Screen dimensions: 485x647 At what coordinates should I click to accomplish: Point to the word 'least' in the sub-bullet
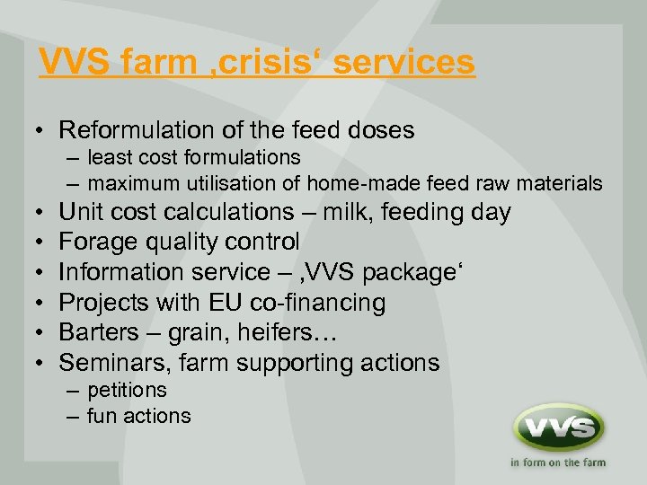coord(111,157)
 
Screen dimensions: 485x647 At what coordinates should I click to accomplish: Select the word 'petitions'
coord(127,391)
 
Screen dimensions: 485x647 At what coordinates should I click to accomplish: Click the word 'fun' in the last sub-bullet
coord(102,417)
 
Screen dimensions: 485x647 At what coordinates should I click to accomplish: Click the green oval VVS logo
coord(557,428)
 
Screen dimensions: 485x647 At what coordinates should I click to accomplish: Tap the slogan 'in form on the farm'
coord(557,463)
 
